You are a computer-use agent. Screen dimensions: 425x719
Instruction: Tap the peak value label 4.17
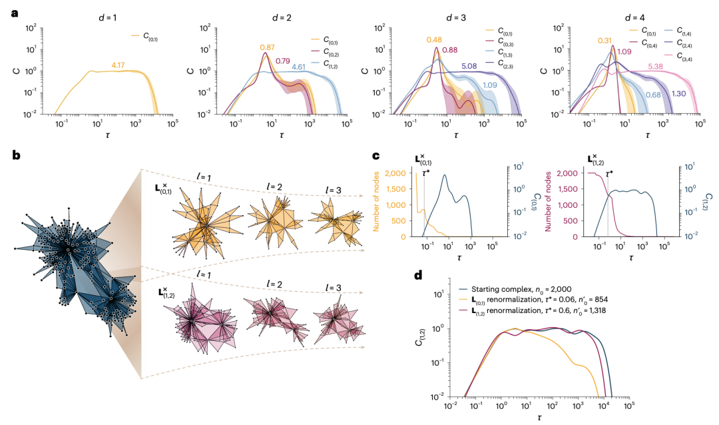point(119,65)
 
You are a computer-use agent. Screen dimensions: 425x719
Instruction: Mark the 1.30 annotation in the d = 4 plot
point(679,94)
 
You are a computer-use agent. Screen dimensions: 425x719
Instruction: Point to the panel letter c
point(376,156)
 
